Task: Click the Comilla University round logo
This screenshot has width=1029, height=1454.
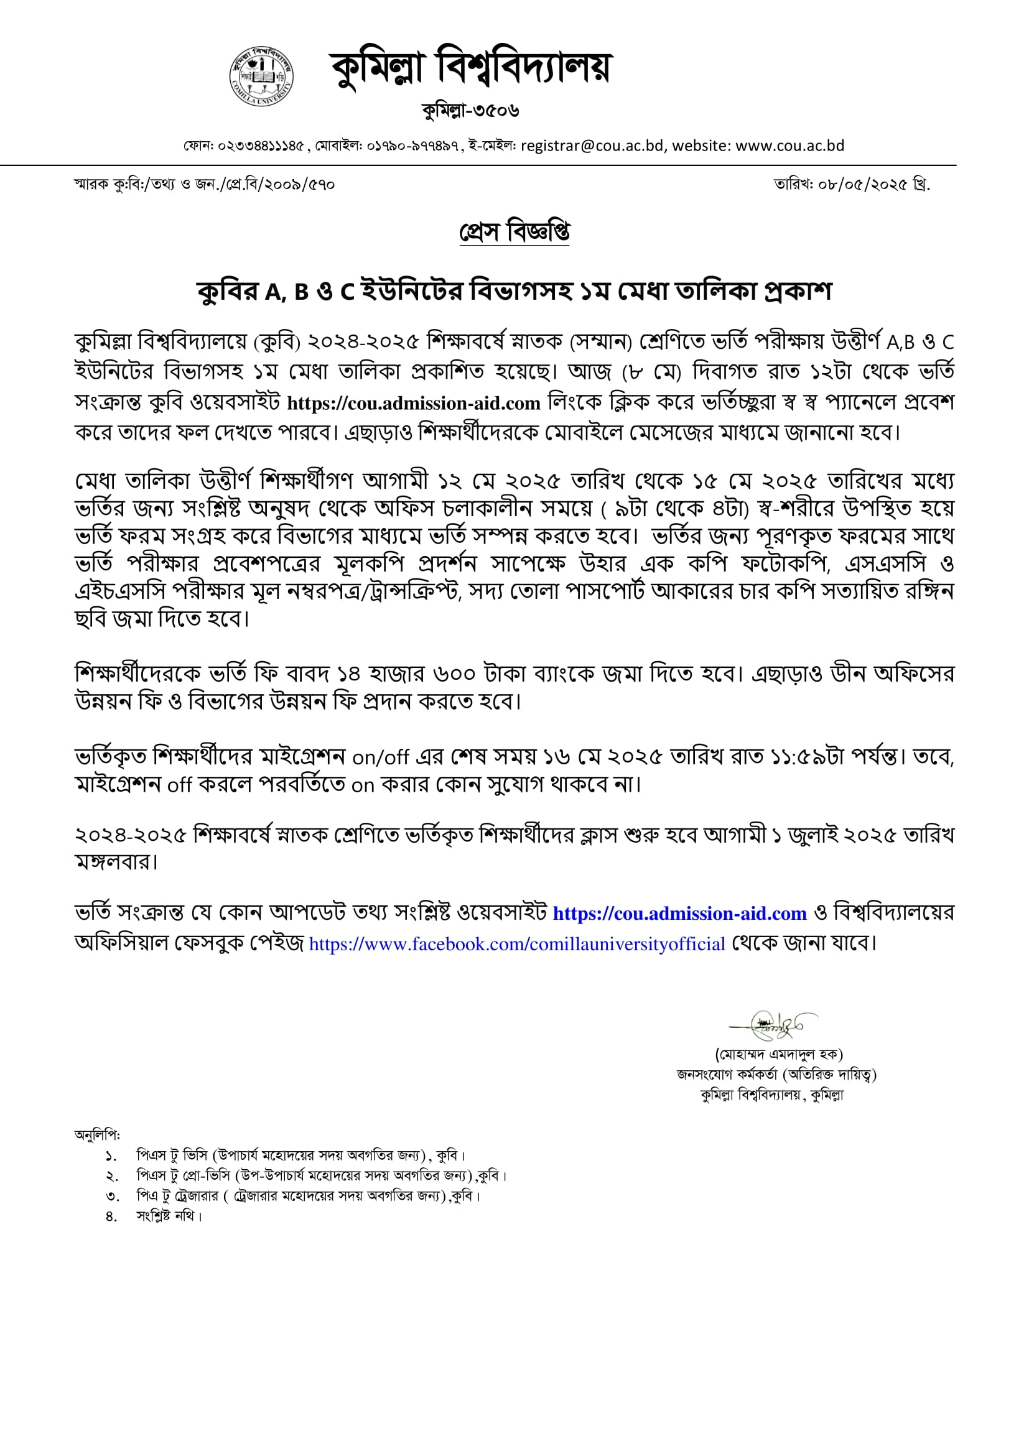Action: point(261,76)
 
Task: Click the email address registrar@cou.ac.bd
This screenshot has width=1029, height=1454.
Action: point(592,146)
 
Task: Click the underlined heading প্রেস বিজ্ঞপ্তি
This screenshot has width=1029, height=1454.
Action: point(514,232)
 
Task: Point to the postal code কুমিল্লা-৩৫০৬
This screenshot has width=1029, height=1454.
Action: point(470,111)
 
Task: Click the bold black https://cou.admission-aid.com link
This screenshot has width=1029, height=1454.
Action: point(413,403)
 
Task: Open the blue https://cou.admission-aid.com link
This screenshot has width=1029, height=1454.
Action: point(679,913)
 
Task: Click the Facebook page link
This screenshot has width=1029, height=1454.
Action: point(516,944)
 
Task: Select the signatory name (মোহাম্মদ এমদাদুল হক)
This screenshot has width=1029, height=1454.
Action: point(778,1054)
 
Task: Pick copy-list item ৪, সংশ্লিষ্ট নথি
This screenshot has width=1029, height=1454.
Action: point(169,1216)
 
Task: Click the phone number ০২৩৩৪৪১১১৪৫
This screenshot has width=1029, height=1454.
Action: point(261,146)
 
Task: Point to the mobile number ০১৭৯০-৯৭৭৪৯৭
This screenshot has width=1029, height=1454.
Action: point(412,146)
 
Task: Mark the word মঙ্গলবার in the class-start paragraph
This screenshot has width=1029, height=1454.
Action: point(114,862)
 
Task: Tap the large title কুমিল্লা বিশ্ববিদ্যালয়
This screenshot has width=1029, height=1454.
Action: point(470,67)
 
